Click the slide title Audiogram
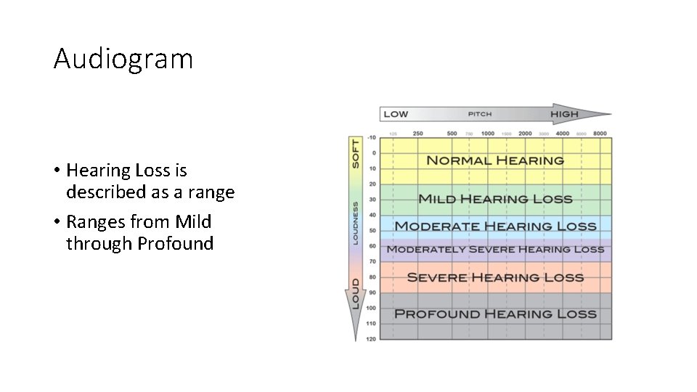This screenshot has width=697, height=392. pos(123,59)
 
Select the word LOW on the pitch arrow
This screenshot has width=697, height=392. pos(396,114)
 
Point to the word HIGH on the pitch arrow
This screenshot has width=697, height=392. pos(564,114)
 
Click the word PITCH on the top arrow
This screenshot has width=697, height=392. pos(480,114)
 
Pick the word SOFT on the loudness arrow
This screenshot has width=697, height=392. pos(356,153)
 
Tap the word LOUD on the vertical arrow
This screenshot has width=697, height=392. pos(356,293)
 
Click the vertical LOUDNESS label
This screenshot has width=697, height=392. pos(356,224)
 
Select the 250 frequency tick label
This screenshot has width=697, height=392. pos(417,134)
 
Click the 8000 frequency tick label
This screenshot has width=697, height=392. pos(600,134)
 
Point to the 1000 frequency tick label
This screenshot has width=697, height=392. pos(488,134)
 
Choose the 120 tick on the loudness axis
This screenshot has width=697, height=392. pos(371,339)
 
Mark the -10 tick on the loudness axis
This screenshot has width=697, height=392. pos(371,138)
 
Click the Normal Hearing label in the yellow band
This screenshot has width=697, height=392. pos(495,160)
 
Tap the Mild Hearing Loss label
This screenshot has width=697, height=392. pos(495,199)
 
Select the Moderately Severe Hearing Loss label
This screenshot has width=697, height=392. pos(495,250)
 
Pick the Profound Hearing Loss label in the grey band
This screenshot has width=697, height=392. pos(495,314)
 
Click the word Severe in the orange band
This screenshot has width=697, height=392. pos(436,277)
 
